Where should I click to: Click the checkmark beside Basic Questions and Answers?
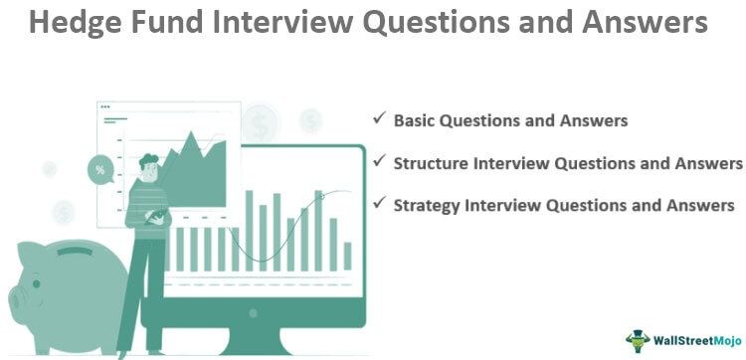tap(379, 118)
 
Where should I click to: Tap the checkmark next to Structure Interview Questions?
tap(379, 161)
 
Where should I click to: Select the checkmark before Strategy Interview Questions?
tap(379, 204)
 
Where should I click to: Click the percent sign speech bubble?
tap(100, 169)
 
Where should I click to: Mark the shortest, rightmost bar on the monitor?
tap(347, 256)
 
